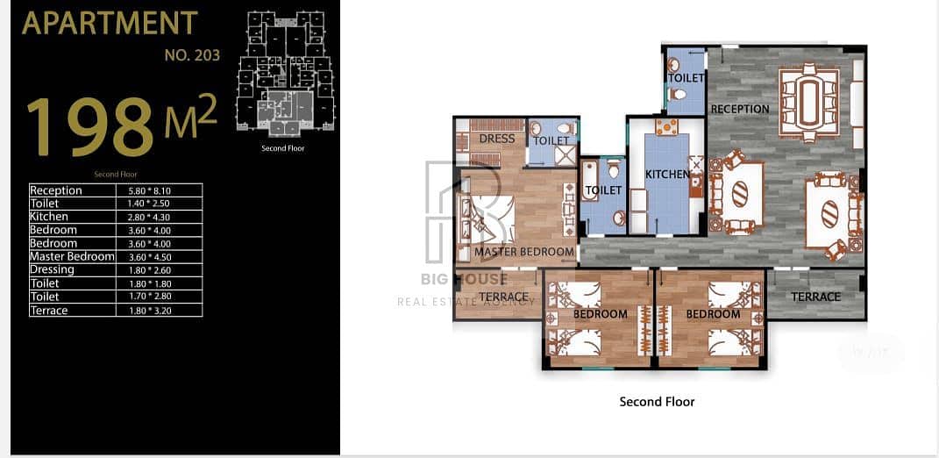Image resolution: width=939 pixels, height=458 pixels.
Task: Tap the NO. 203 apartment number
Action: (192, 56)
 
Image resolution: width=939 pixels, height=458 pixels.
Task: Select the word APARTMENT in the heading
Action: (110, 23)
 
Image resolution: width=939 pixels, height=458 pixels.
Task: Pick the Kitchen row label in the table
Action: (49, 217)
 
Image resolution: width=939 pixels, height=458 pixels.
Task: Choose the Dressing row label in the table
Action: (52, 270)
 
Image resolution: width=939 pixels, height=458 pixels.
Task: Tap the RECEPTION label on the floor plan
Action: (740, 109)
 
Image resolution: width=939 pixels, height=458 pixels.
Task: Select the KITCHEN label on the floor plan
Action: (668, 175)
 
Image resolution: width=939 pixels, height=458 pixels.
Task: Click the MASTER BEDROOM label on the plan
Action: (524, 252)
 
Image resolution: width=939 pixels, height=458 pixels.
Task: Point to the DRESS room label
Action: (497, 140)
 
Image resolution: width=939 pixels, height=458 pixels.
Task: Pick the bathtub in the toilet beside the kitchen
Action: (588, 195)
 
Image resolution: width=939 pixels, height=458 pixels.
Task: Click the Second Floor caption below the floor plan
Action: (657, 402)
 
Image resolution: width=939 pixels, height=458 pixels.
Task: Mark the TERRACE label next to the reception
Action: (815, 297)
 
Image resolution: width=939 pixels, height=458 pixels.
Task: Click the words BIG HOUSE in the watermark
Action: (464, 279)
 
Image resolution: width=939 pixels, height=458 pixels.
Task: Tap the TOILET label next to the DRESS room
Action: (551, 141)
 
